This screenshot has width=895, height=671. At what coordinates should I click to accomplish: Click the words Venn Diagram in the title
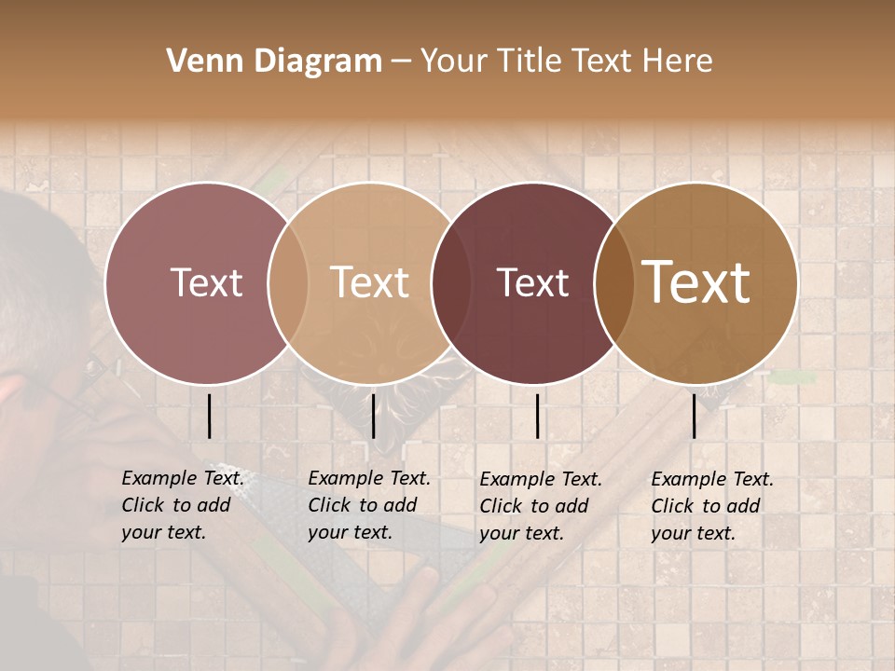point(274,62)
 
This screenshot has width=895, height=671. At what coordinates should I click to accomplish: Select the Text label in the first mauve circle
point(206,282)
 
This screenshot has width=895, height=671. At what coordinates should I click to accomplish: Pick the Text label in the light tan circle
point(370,282)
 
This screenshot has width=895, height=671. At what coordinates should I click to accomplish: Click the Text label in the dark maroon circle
point(533,282)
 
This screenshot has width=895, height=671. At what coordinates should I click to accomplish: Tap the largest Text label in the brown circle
point(696,282)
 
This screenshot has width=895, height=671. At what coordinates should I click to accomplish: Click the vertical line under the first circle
point(210,416)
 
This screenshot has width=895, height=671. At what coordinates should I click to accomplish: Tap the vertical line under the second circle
point(373,416)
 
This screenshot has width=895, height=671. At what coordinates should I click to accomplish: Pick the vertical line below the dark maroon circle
point(538,416)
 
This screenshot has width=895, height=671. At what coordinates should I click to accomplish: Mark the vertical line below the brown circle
point(695,416)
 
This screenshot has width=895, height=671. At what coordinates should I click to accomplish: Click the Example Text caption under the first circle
point(182,505)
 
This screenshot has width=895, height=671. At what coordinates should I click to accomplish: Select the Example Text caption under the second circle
point(368,505)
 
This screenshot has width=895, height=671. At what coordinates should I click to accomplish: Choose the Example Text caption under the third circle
point(540,506)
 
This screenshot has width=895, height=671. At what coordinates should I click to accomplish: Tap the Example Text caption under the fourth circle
point(711,506)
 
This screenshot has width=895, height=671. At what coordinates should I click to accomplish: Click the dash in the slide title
point(401,62)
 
